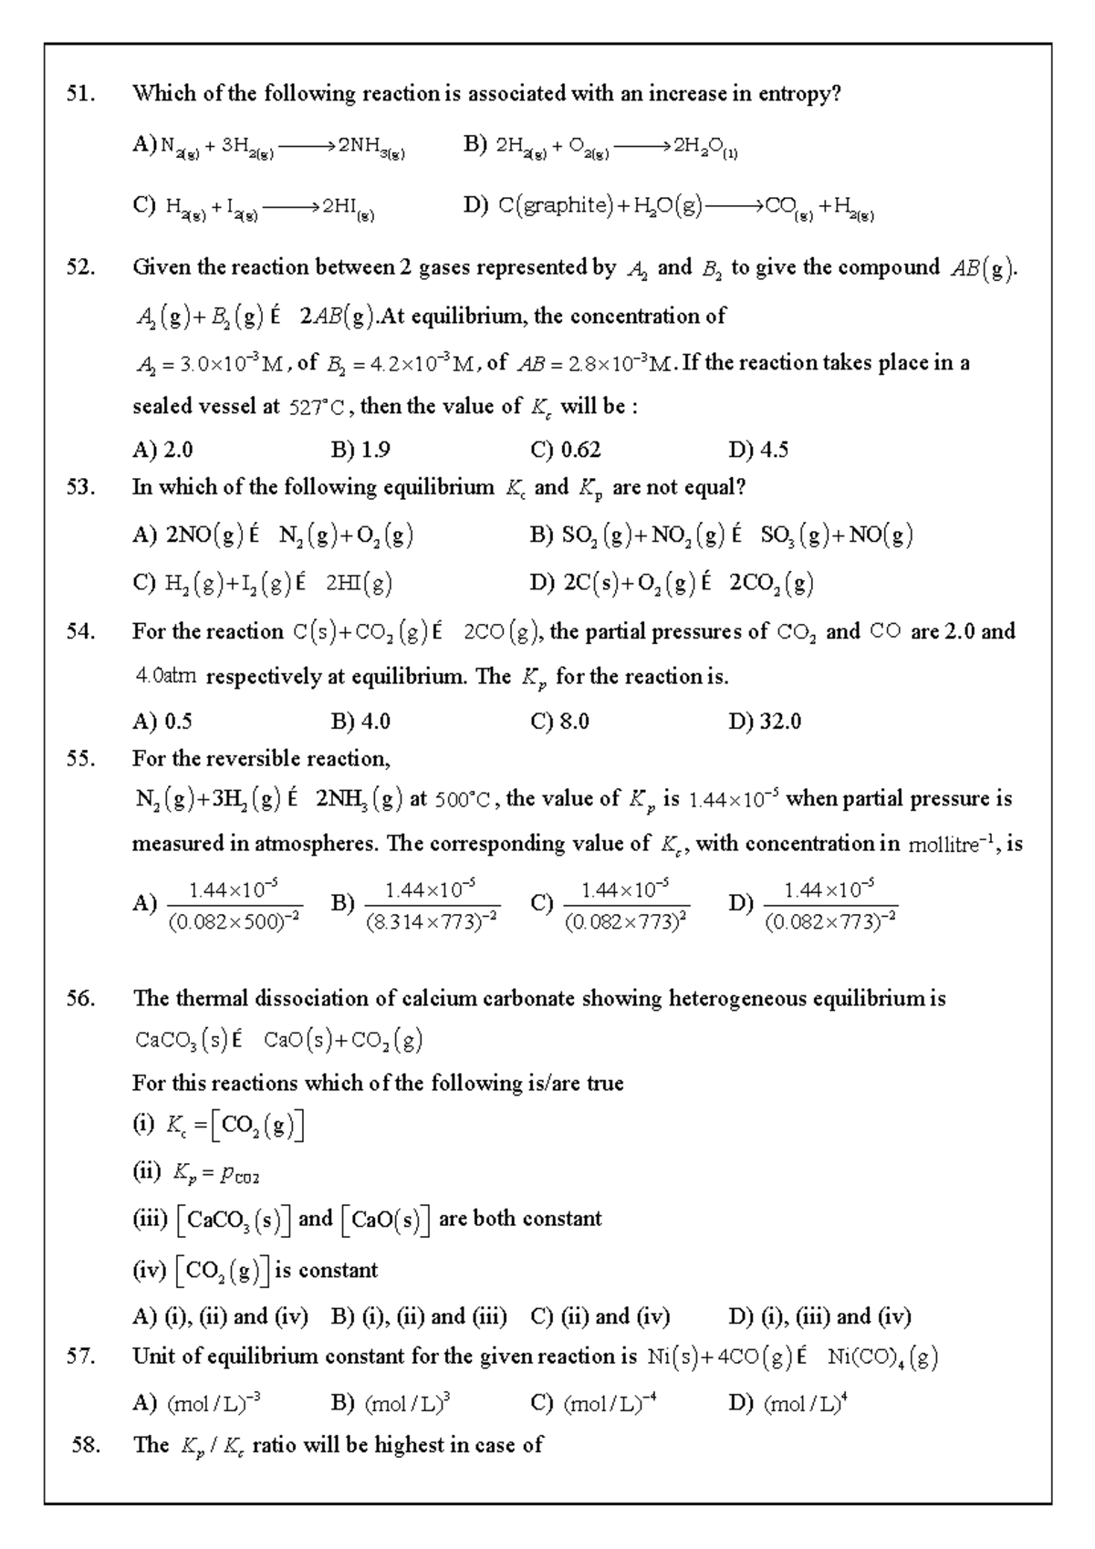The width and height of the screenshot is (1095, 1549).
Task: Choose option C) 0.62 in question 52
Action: [565, 449]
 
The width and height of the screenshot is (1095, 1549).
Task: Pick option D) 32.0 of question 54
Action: [764, 721]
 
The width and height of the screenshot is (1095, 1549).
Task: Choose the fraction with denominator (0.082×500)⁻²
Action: [234, 904]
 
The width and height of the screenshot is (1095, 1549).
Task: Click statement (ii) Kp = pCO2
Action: [197, 1172]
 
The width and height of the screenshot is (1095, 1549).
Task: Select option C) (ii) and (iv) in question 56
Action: [600, 1315]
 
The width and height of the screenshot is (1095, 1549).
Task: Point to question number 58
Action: [85, 1444]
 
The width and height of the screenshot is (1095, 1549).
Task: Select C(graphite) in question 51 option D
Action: [555, 205]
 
